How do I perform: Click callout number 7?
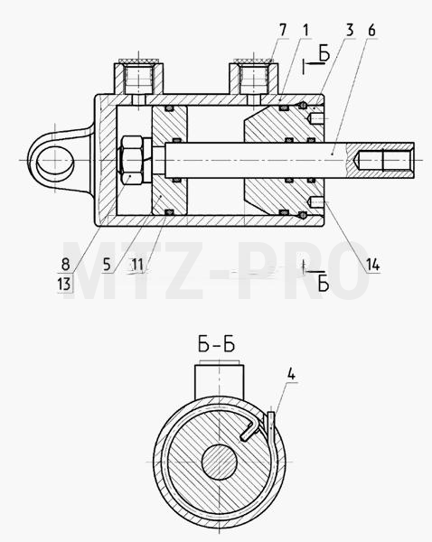[283, 30]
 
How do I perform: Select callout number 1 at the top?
[305, 30]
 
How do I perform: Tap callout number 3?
[350, 30]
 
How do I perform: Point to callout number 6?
[371, 30]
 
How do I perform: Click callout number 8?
[65, 265]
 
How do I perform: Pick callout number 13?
[64, 285]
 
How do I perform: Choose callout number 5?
[107, 265]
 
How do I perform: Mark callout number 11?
[137, 265]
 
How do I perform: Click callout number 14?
[373, 265]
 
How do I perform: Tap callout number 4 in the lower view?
[291, 374]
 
